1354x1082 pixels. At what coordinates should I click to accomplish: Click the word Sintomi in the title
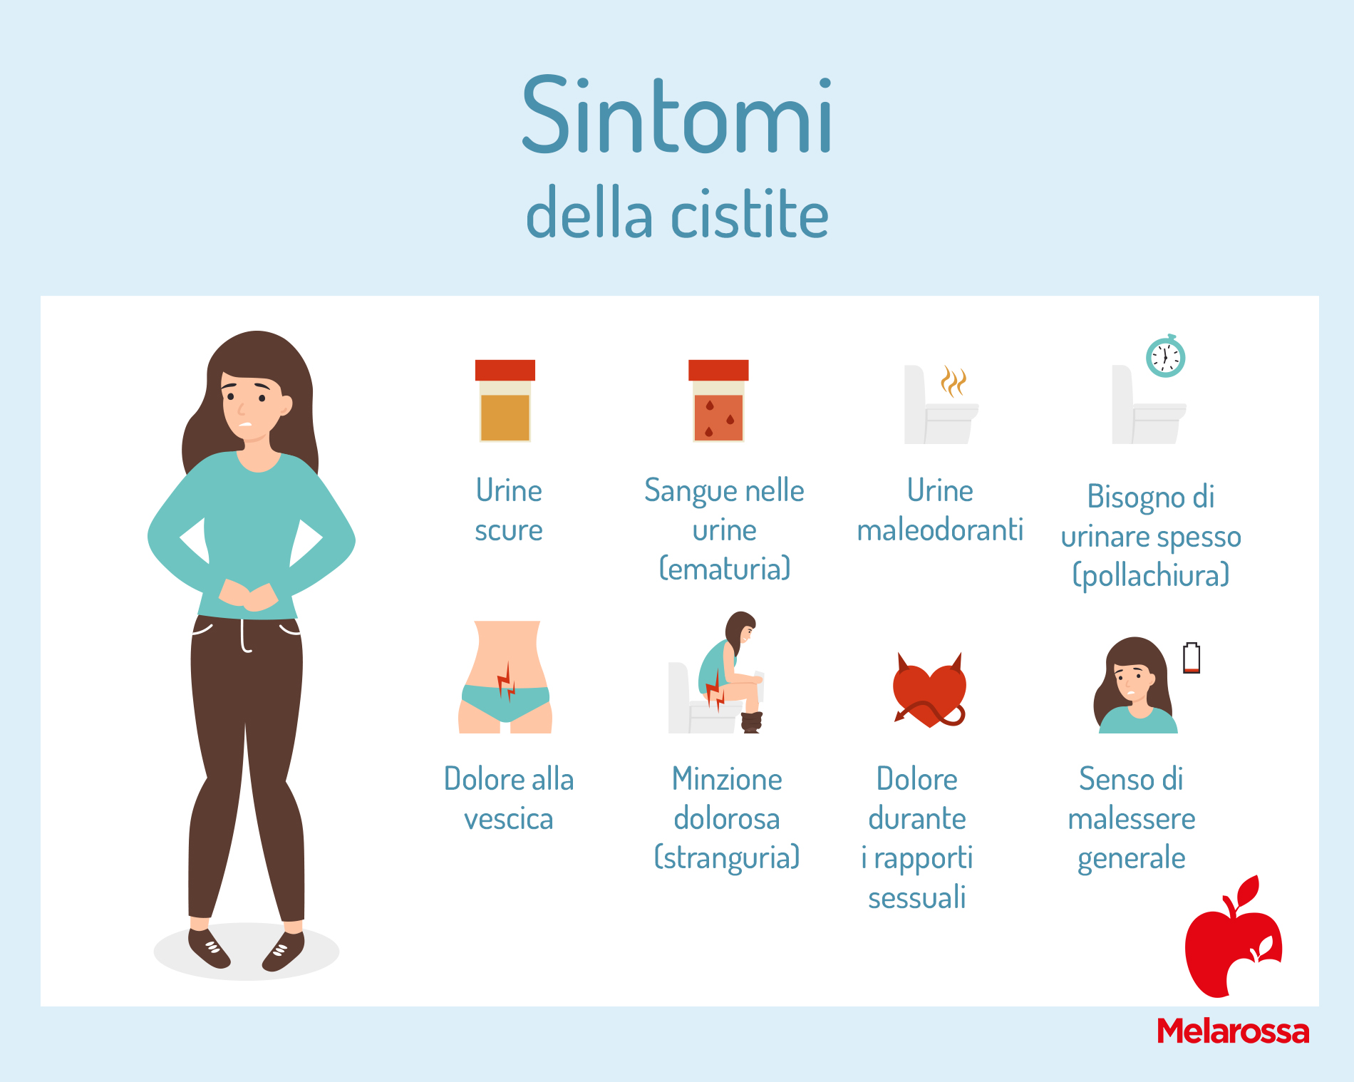coord(677,115)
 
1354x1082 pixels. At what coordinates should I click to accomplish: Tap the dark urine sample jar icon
coord(505,401)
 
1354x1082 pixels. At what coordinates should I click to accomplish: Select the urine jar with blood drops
coord(718,401)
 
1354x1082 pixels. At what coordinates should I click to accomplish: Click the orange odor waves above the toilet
coord(953,381)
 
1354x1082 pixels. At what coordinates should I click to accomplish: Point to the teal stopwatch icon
coord(1165,356)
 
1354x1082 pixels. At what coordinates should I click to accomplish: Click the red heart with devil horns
coord(930,689)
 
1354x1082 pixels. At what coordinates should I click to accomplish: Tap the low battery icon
coord(1192,658)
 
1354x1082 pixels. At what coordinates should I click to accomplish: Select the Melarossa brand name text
coord(1233,1031)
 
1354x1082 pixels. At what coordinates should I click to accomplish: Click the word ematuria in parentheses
coord(725,569)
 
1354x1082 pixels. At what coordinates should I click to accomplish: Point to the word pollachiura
coord(1152,575)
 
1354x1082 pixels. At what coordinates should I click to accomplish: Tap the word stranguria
coord(727,857)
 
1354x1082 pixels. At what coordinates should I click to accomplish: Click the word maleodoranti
coord(940,530)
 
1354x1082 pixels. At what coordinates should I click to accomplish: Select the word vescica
coord(509,820)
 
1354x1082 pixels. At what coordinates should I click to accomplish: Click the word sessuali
coord(917,897)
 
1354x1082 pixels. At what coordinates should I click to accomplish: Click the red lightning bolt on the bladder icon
coord(507,681)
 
